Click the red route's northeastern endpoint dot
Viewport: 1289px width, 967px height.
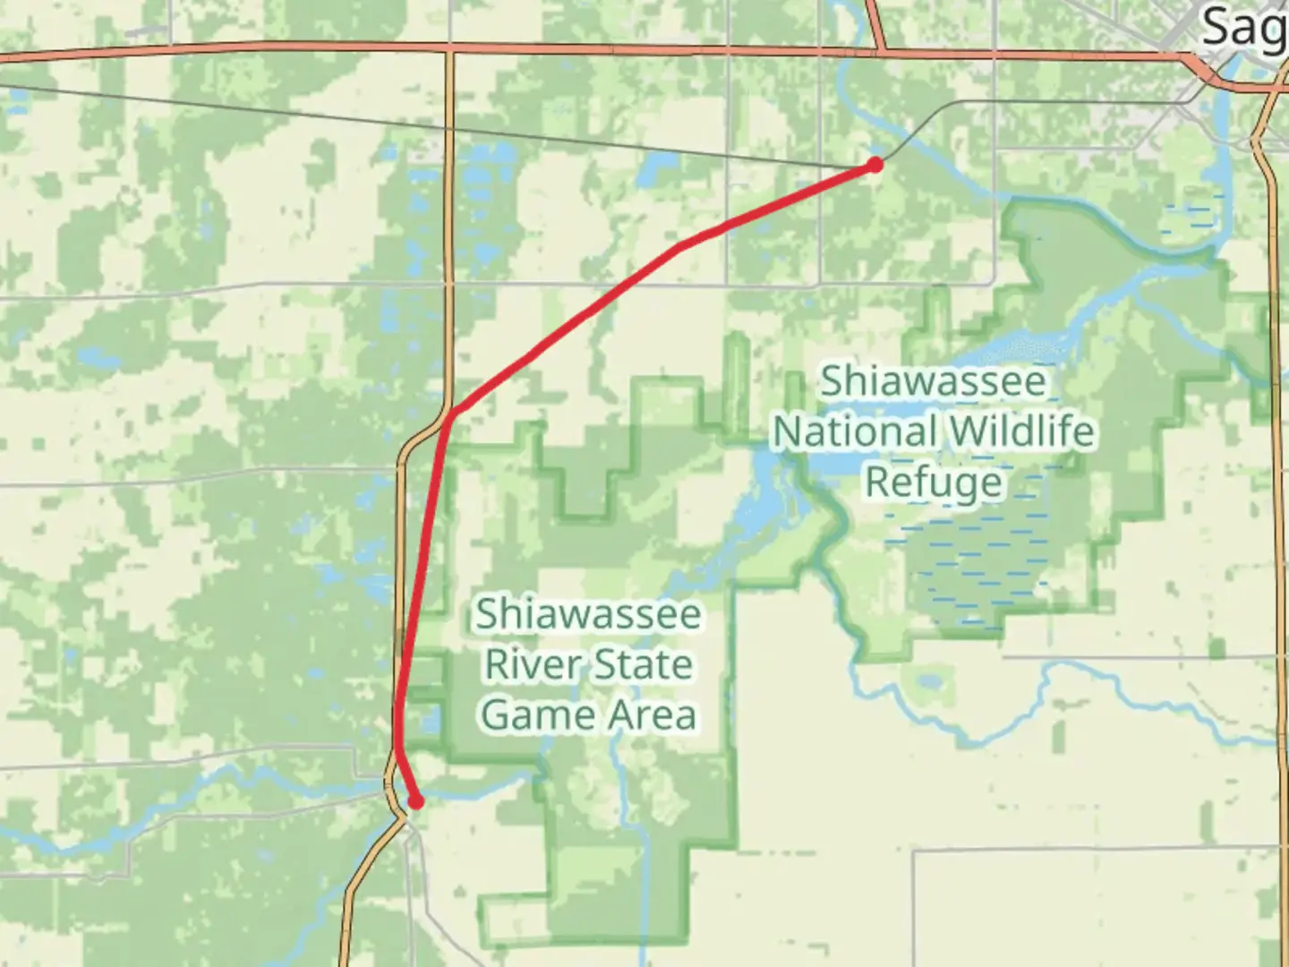(875, 164)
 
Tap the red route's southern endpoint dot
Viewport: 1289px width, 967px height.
(415, 801)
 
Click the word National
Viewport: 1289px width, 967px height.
(857, 432)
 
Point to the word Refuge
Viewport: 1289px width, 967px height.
(934, 482)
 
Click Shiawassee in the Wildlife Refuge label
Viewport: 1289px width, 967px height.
(933, 381)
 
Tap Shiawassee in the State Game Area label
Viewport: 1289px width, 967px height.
(587, 614)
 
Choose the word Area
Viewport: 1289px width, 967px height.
(654, 715)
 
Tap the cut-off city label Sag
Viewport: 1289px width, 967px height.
(1242, 27)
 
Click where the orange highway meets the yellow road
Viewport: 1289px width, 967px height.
(450, 47)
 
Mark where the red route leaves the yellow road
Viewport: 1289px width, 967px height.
(450, 413)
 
